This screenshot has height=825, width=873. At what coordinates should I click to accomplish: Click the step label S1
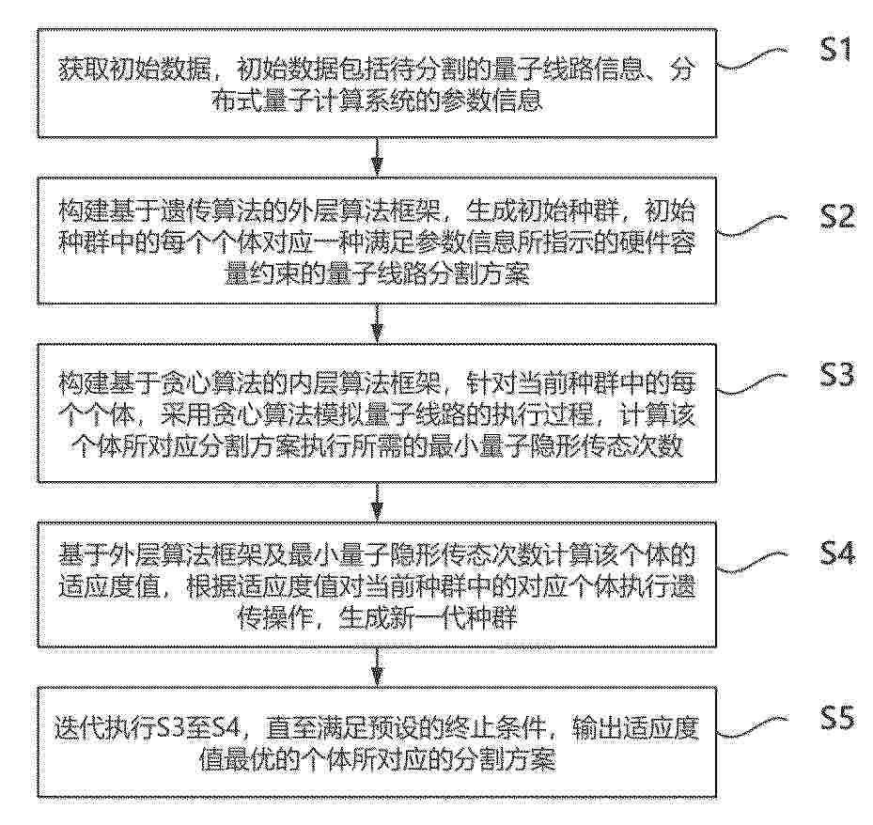coord(836,50)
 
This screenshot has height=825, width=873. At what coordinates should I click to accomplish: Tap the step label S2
coord(836,216)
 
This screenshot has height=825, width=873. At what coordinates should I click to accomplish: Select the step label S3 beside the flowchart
coord(836,375)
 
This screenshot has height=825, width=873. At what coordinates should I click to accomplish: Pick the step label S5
coord(836,718)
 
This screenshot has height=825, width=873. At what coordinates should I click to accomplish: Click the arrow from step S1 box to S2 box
coord(378,157)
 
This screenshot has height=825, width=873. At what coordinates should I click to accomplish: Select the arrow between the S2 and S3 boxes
coord(378,323)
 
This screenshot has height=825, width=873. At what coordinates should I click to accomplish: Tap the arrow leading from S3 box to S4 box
coord(378,501)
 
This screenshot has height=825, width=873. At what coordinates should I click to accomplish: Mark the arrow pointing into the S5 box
coord(378,667)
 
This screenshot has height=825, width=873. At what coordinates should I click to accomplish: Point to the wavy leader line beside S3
coord(753,384)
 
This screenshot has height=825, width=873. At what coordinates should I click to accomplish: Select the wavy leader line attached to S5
coord(753,727)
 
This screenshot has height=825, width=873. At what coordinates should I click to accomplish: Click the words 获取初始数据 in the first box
coord(134,71)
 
